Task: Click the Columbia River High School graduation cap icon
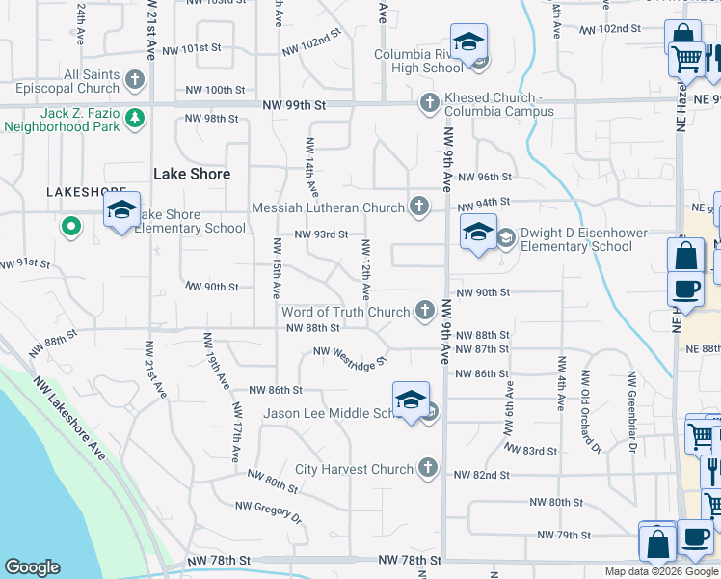[469, 43]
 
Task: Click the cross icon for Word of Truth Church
[424, 310]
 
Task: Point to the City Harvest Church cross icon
[428, 469]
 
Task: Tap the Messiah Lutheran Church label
[328, 207]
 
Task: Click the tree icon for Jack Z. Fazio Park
[136, 119]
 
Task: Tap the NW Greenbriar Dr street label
[632, 412]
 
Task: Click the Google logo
[32, 567]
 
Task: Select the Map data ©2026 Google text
[661, 571]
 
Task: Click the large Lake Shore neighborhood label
[192, 174]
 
